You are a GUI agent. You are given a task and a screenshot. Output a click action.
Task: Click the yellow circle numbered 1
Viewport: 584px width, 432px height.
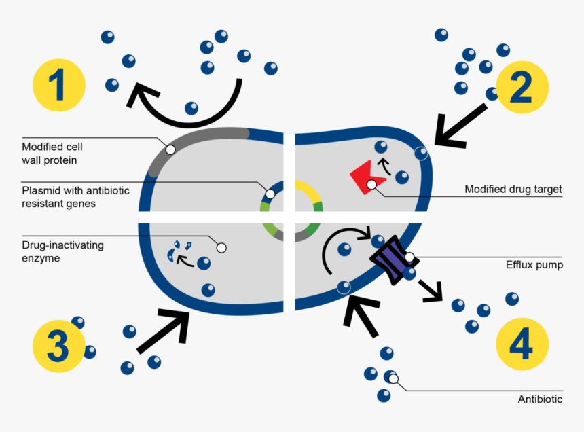[x=59, y=86]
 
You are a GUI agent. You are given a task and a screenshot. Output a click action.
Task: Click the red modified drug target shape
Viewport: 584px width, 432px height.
[x=365, y=178]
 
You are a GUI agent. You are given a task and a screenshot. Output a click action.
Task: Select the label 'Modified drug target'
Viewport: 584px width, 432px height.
[x=513, y=189]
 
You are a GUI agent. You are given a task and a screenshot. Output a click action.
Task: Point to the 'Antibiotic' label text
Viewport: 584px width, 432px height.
[x=540, y=399]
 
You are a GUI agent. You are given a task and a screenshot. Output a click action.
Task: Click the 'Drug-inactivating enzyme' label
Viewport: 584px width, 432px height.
[x=62, y=251]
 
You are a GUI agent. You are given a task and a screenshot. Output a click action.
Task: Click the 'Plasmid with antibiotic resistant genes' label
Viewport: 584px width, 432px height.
[x=75, y=197]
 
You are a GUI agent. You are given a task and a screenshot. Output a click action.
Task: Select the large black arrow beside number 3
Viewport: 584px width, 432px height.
[x=164, y=329]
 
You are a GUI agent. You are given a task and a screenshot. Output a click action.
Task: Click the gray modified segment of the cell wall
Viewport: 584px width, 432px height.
[x=197, y=136]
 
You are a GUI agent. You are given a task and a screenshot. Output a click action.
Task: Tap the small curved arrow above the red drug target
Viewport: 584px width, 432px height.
[x=384, y=166]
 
